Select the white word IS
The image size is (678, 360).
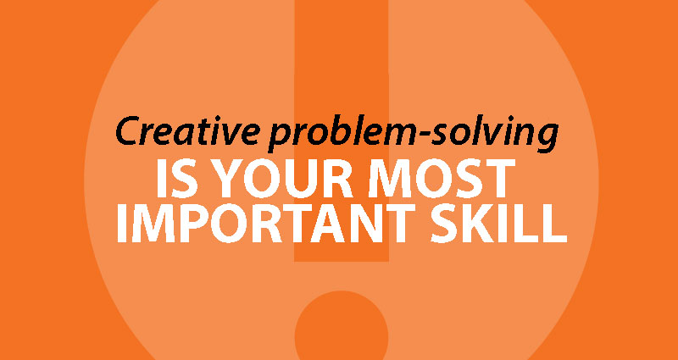[176, 178]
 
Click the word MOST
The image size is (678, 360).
[442, 178]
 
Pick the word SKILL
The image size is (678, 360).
[498, 224]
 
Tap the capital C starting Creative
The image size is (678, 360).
[130, 131]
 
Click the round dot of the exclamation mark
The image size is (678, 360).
[342, 325]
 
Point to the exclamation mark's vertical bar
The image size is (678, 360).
[342, 130]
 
